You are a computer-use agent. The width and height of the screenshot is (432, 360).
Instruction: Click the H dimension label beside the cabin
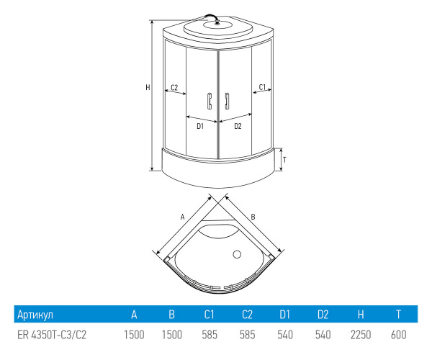pyautogui.click(x=148, y=87)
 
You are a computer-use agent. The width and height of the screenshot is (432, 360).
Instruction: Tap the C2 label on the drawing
pyautogui.click(x=174, y=88)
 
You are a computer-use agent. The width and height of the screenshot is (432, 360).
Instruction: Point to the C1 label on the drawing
pyautogui.click(x=262, y=87)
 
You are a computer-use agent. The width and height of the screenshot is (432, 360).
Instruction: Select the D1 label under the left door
pyautogui.click(x=200, y=126)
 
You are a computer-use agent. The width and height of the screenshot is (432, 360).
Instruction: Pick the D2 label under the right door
pyautogui.click(x=238, y=126)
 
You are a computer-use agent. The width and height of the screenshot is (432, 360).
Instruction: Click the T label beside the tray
pyautogui.click(x=285, y=160)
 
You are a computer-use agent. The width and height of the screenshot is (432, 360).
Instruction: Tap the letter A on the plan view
pyautogui.click(x=182, y=217)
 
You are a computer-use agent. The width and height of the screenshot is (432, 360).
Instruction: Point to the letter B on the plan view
pyautogui.click(x=253, y=217)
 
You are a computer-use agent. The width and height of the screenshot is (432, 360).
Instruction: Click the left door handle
pyautogui.click(x=210, y=101)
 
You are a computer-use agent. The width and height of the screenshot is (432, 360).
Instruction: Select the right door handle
pyautogui.click(x=227, y=101)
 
